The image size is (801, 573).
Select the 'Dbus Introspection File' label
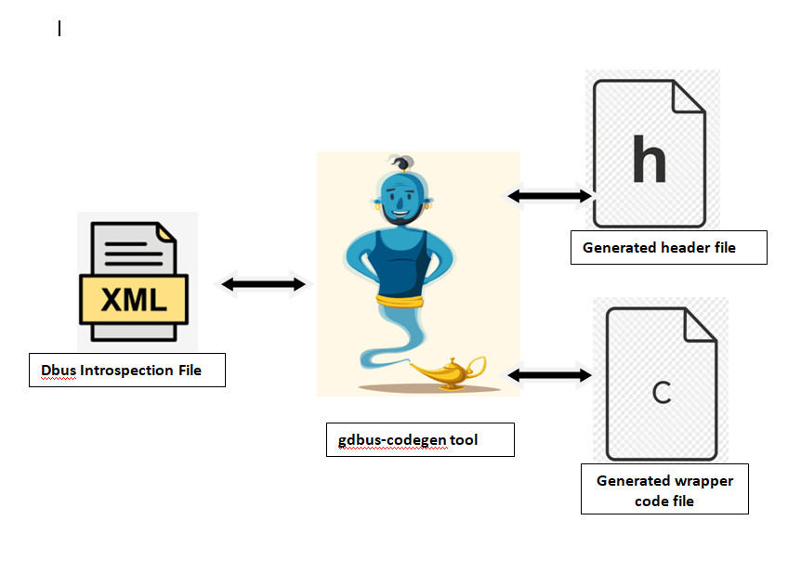(x=127, y=370)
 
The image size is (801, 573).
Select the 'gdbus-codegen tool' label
(x=420, y=439)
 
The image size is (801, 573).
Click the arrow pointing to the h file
(x=549, y=196)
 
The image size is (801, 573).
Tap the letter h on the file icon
(x=649, y=159)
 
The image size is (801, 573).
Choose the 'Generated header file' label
(x=668, y=247)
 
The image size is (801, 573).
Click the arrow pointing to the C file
(x=549, y=375)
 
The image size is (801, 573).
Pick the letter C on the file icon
(x=661, y=393)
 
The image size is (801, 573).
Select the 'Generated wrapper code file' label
(x=664, y=490)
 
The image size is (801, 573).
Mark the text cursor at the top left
(x=59, y=29)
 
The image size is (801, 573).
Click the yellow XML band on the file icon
(x=135, y=299)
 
